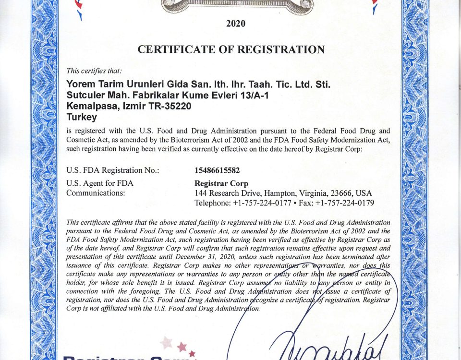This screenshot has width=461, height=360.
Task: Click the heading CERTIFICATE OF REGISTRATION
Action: pos(231,49)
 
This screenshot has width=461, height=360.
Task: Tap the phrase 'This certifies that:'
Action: pos(90,71)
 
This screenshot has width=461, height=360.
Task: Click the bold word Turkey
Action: pos(82,117)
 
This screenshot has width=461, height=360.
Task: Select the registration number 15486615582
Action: pos(217,170)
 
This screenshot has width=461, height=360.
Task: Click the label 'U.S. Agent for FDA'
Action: pos(99,183)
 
